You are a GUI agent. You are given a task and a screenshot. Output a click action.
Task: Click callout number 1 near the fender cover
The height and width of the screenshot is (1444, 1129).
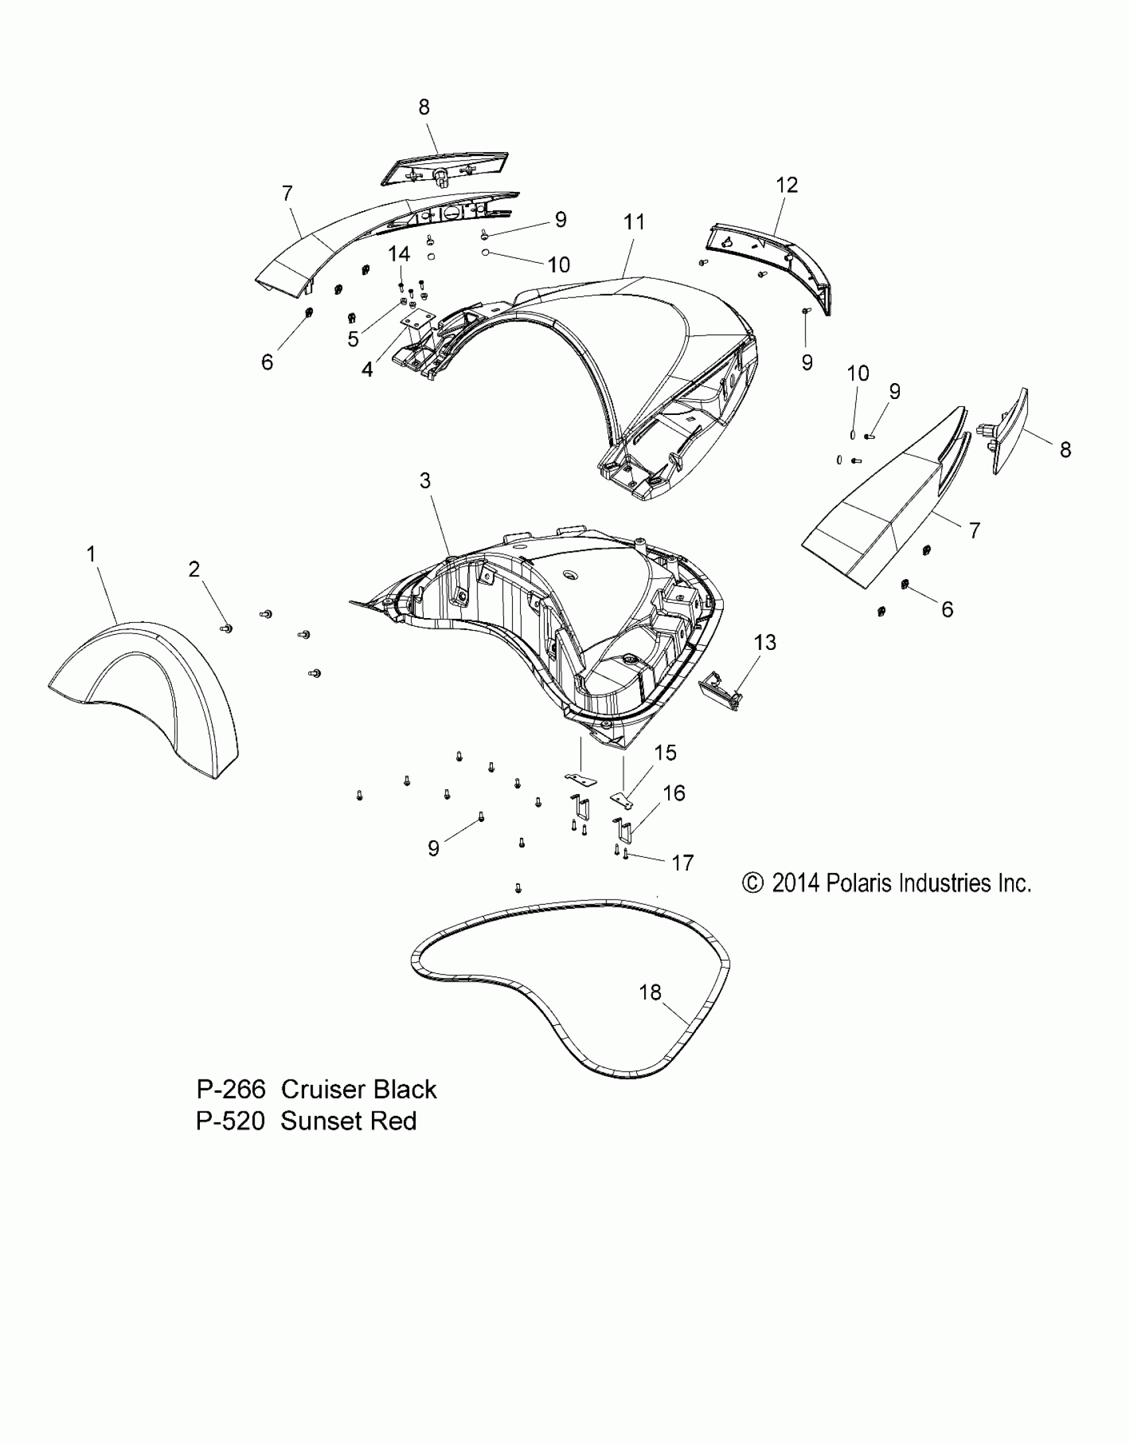(x=92, y=554)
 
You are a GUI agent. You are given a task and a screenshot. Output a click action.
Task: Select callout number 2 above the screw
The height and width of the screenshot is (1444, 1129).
(x=194, y=569)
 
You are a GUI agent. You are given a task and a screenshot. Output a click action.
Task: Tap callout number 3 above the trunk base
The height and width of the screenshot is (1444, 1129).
(x=425, y=481)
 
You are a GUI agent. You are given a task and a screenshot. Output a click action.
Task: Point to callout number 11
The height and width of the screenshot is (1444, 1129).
(x=634, y=222)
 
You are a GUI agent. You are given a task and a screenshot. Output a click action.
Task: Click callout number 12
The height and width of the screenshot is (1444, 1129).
(x=787, y=185)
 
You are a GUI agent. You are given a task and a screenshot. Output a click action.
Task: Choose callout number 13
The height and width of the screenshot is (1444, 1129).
(x=765, y=642)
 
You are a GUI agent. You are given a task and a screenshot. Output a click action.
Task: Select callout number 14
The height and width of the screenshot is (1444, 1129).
(x=399, y=254)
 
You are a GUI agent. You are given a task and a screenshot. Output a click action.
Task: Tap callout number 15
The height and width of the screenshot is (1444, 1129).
(x=665, y=752)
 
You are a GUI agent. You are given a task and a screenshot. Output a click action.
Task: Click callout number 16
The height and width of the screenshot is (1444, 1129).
(x=674, y=793)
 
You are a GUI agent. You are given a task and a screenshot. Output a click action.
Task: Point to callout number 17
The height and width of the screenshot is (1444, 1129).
(x=683, y=862)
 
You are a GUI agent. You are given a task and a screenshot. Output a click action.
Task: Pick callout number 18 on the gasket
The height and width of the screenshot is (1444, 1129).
(x=650, y=1010)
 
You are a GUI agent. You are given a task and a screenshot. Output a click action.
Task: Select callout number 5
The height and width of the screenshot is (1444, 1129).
(x=353, y=339)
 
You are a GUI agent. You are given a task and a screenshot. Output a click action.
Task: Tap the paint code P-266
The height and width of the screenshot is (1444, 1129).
(x=230, y=1089)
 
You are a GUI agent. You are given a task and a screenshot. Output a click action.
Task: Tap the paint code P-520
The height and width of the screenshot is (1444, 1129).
(x=230, y=1121)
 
